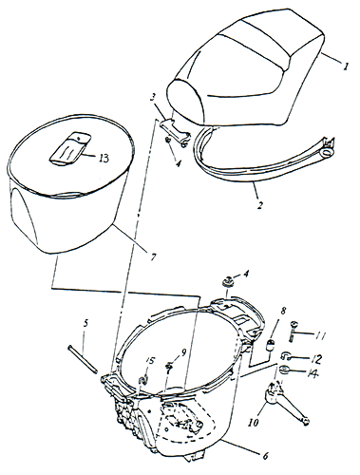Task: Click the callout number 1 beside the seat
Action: point(346,66)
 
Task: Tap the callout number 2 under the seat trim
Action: point(259,205)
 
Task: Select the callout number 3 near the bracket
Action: point(153,97)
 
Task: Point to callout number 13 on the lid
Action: point(104,158)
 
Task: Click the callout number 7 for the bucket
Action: point(153,256)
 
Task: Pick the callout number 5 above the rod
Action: point(86,323)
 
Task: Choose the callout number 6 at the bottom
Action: point(265,456)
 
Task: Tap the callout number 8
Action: point(283,311)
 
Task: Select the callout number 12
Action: point(316,359)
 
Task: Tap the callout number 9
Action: point(183,351)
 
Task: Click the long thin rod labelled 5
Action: point(83,360)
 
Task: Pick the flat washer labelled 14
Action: point(285,369)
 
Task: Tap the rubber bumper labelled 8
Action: point(271,345)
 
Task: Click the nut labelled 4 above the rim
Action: point(228,281)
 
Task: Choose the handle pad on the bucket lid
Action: point(70,148)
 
